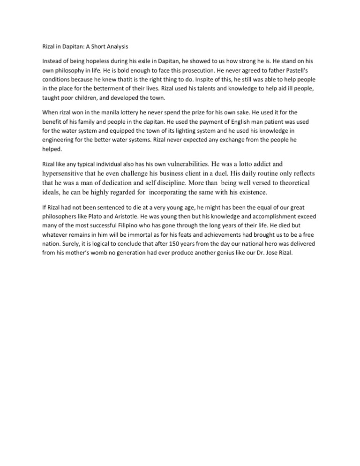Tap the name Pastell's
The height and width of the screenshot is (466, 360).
(304, 70)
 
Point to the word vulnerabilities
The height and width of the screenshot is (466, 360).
(181, 164)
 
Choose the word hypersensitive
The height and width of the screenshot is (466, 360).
(66, 173)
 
